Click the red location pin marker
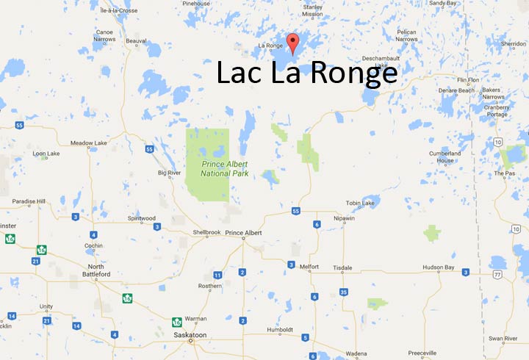293,43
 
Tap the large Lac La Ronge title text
306,73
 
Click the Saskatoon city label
190,332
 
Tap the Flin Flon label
468,79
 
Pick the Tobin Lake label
360,203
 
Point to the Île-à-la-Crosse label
117,11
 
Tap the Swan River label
502,338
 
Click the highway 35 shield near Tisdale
344,292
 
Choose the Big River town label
169,173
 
